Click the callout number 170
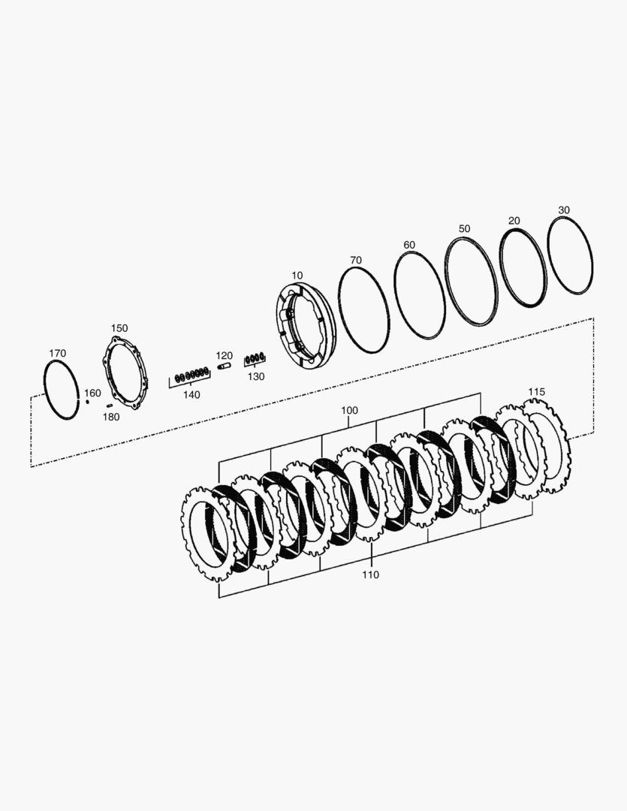[57, 353]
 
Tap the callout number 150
[119, 328]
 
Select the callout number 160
[92, 393]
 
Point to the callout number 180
[110, 417]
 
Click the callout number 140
[191, 395]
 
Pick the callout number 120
[225, 356]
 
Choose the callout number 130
[256, 376]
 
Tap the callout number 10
[297, 276]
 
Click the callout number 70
[356, 260]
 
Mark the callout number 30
[564, 210]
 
